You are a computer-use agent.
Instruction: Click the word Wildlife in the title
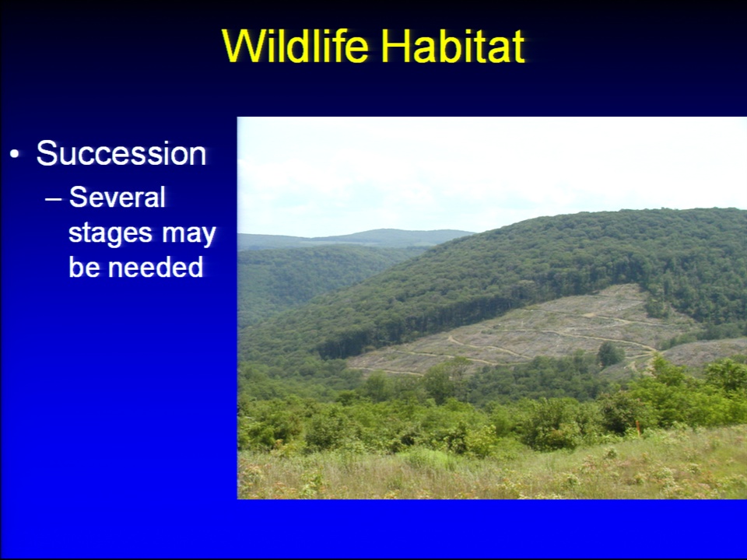[295, 46]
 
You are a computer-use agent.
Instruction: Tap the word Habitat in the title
[452, 46]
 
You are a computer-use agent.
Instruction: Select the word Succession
[121, 153]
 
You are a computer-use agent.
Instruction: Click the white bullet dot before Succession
[15, 154]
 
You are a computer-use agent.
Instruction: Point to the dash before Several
[54, 199]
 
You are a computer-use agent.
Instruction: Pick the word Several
[117, 197]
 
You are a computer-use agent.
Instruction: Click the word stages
[110, 234]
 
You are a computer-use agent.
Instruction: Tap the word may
[188, 235]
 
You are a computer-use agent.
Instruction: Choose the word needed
[156, 267]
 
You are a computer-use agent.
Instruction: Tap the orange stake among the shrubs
[637, 426]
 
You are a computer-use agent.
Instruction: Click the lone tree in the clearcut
[610, 355]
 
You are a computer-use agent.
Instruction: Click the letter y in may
[209, 236]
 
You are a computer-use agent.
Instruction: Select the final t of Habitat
[517, 47]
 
